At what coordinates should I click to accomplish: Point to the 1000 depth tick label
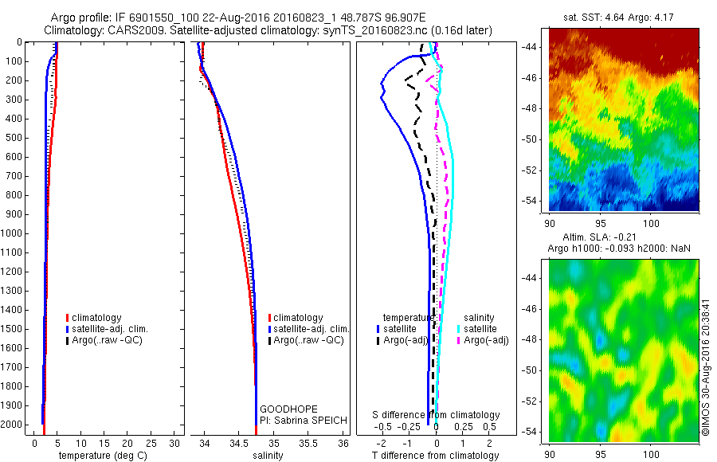(13, 233)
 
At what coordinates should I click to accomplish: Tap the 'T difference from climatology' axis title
(436, 456)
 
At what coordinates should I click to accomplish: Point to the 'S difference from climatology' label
(437, 415)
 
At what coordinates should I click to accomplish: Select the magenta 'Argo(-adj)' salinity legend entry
(486, 340)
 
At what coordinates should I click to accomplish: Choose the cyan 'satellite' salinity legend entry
(480, 328)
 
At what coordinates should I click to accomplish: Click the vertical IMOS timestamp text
(706, 362)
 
